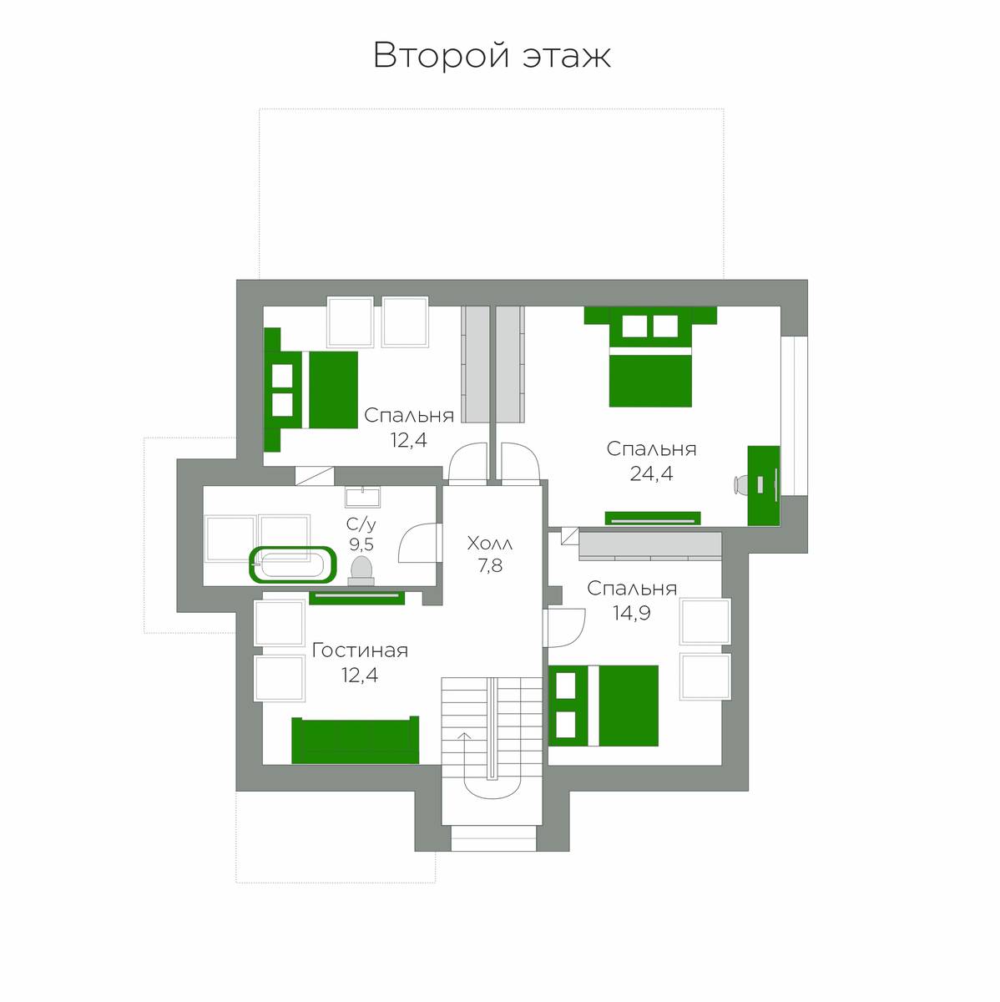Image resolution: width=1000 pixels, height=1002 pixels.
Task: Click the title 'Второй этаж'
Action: (x=492, y=56)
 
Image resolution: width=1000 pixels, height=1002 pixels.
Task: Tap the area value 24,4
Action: (x=651, y=473)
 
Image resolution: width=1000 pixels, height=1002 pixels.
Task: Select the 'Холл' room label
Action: (x=490, y=544)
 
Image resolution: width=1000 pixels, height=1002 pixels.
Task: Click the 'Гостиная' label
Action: (x=360, y=650)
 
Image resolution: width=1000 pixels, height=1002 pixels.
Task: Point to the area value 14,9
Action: (x=631, y=614)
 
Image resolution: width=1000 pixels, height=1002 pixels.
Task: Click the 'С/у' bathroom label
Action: (x=361, y=524)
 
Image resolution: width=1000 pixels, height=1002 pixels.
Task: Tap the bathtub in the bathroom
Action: (x=293, y=564)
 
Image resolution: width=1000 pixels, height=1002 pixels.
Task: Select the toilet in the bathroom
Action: (x=361, y=570)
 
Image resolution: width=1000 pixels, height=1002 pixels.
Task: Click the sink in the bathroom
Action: (x=362, y=497)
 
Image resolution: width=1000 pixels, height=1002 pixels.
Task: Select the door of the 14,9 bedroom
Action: (x=564, y=626)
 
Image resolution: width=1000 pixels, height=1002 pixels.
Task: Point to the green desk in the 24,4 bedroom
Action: (x=764, y=486)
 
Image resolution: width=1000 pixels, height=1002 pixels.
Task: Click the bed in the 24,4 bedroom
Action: (x=650, y=357)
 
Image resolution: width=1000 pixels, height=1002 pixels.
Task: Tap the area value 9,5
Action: (x=361, y=544)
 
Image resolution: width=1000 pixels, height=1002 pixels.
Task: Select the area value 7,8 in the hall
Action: (x=490, y=566)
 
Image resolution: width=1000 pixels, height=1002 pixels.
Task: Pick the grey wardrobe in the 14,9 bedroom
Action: (x=650, y=546)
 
